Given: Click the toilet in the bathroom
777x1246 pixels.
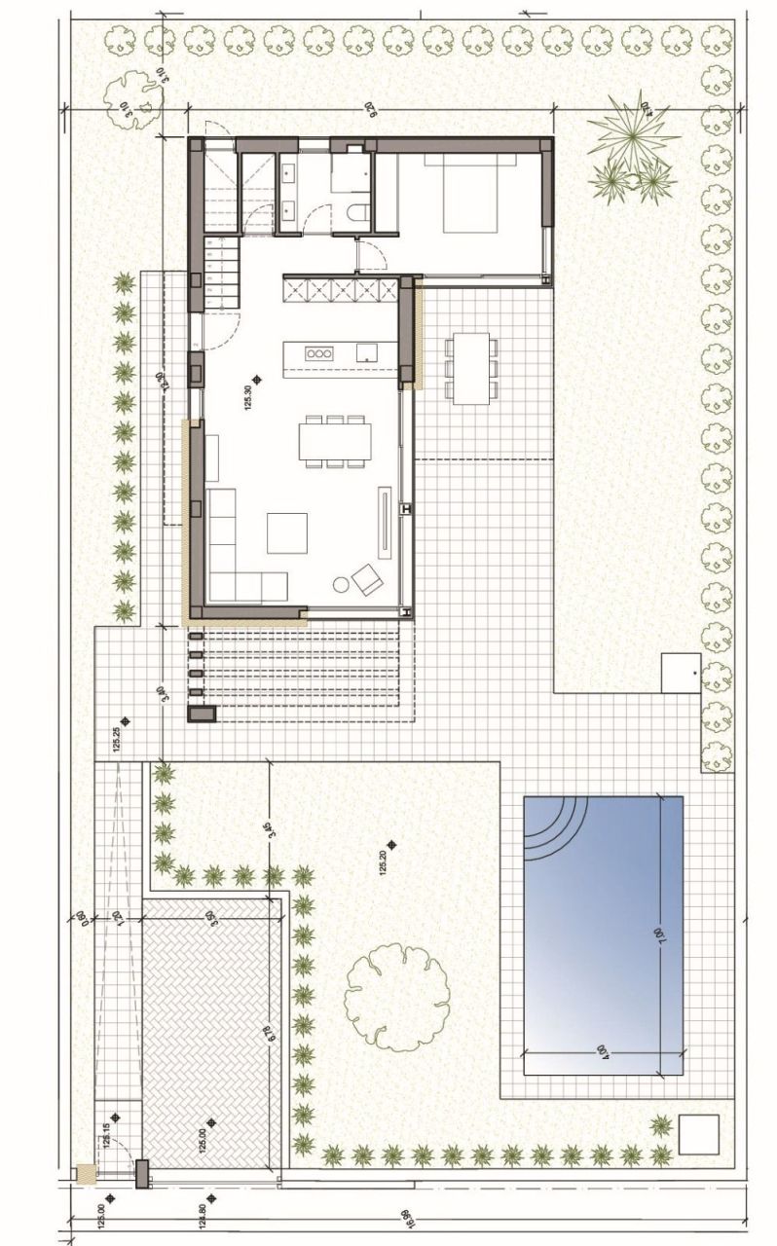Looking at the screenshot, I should (356, 214).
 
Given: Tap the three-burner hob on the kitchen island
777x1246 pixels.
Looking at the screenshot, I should (318, 353).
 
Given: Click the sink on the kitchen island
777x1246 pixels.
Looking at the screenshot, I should (366, 352).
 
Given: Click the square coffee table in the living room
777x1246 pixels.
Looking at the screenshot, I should (287, 532).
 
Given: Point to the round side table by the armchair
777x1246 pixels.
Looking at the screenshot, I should (341, 585).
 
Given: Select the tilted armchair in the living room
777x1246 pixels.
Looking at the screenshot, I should (368, 579).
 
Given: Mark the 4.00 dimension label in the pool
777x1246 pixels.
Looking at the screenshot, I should (603, 1050).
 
